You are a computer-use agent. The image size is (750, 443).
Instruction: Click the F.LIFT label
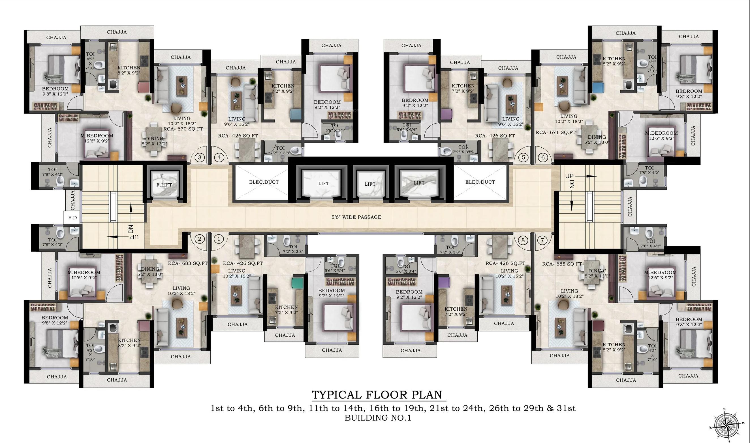(x=164, y=185)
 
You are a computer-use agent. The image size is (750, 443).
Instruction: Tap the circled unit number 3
(x=200, y=157)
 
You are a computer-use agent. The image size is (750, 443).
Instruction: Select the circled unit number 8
(x=523, y=240)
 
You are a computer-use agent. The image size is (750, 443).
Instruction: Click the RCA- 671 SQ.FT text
(x=555, y=132)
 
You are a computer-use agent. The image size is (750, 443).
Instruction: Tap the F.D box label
(x=72, y=218)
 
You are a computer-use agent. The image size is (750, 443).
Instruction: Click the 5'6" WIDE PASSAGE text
(x=356, y=217)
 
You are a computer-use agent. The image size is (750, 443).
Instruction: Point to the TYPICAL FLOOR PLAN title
(x=377, y=395)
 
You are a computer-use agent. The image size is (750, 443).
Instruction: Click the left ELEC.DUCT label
(x=264, y=182)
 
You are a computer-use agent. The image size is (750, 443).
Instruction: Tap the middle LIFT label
(x=370, y=184)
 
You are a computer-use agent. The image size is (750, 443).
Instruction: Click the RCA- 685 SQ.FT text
(x=562, y=264)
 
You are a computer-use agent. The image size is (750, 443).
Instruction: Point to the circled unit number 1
(x=219, y=239)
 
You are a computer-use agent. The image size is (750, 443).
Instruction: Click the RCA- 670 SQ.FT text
(x=183, y=129)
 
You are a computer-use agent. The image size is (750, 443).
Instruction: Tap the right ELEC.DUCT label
(x=480, y=182)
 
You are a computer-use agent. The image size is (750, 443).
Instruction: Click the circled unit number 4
(x=219, y=157)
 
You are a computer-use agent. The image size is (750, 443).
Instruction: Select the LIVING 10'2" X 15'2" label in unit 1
(x=236, y=273)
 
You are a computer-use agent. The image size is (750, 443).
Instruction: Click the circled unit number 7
(x=542, y=240)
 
